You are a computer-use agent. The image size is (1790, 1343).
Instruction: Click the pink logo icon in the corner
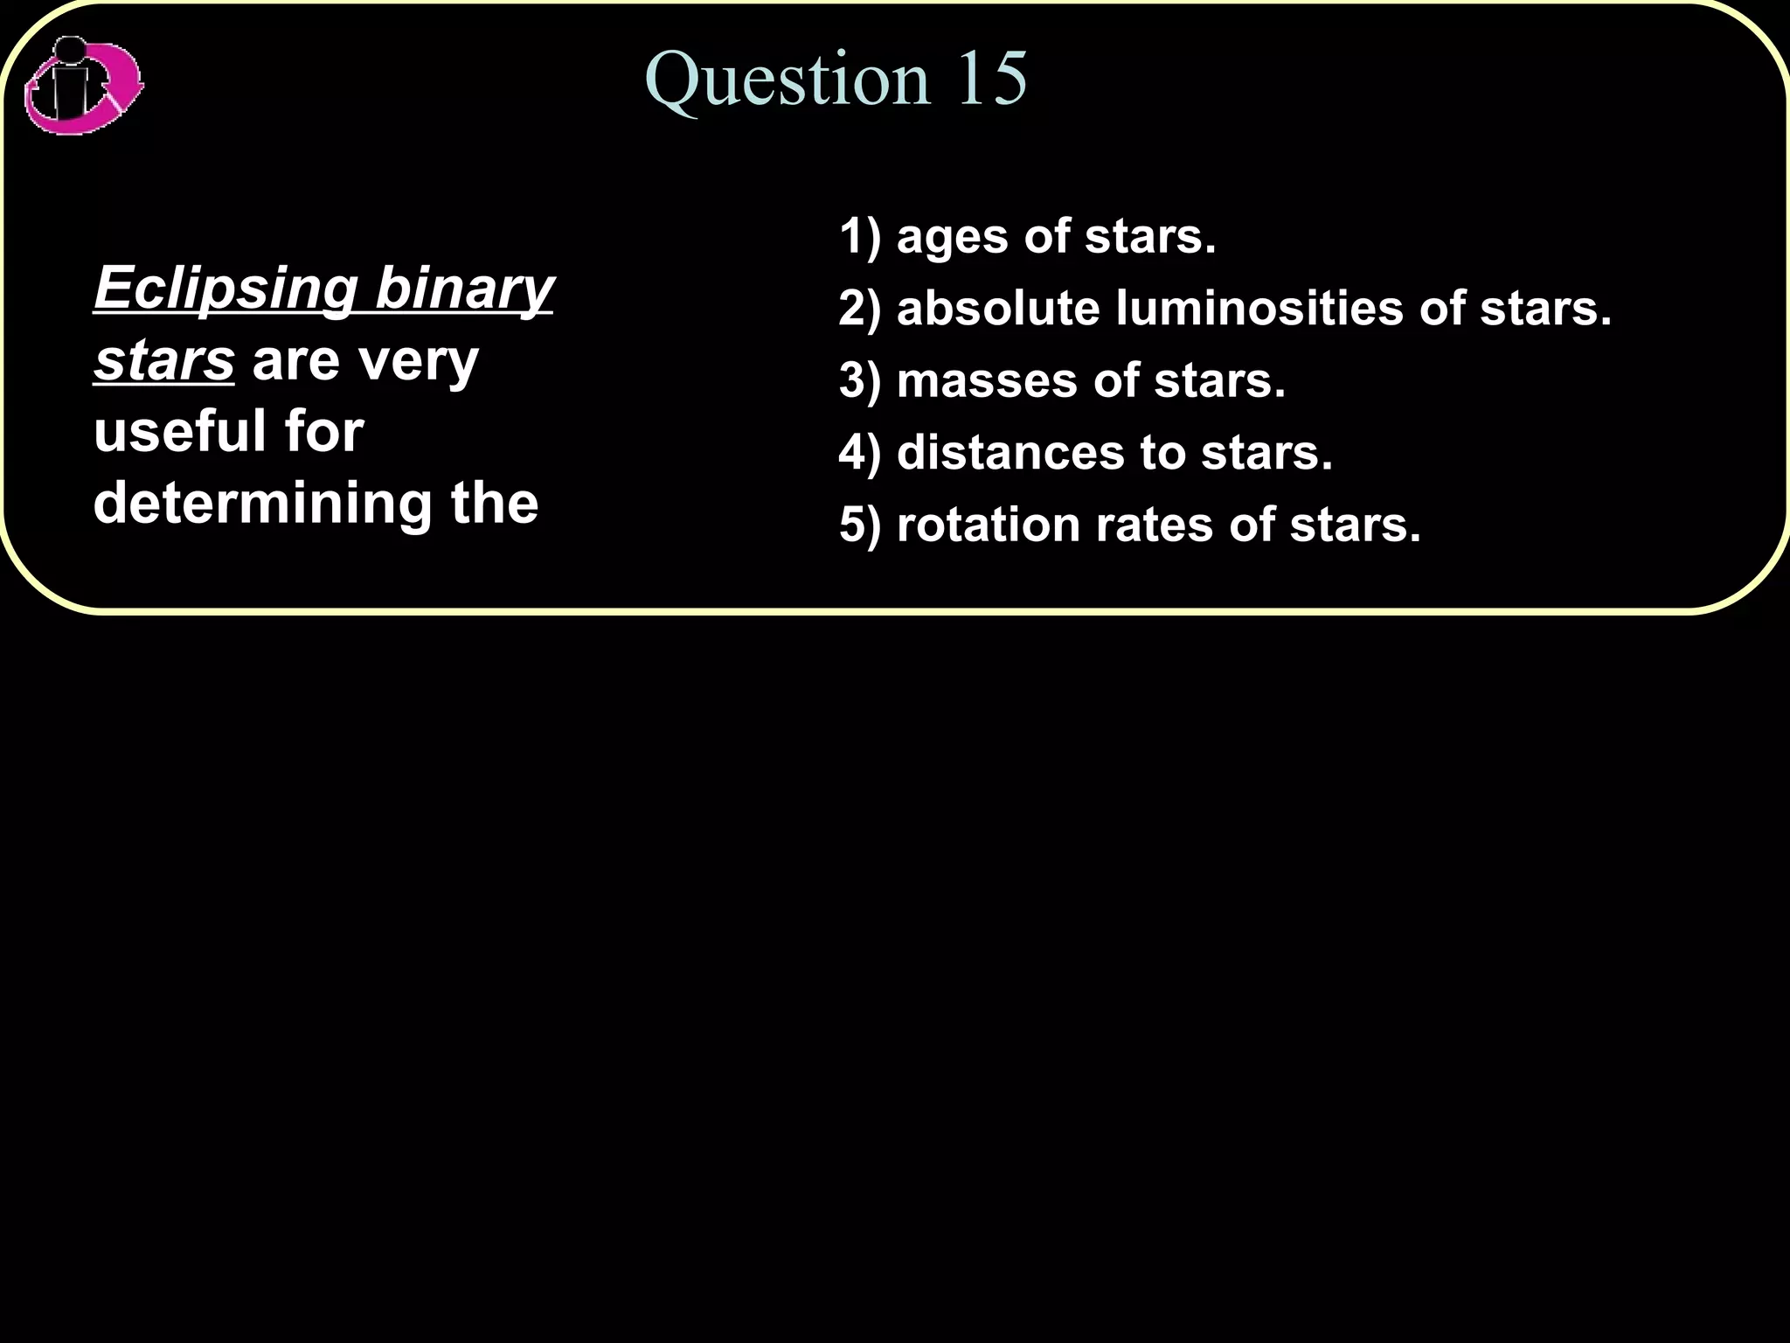coord(83,86)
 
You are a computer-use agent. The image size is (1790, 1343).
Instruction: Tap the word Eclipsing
coord(225,289)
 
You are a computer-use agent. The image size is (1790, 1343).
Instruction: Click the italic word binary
coord(464,289)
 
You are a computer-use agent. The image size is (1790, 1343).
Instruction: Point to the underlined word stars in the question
coord(164,360)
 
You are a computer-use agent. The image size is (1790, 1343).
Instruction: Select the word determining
coord(262,504)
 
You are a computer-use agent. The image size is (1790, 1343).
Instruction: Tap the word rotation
coord(988,525)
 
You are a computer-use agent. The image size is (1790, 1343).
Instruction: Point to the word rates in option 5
coord(1154,525)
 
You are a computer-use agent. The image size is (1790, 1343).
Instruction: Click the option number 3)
coord(860,381)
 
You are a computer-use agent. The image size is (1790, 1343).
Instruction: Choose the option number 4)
coord(860,453)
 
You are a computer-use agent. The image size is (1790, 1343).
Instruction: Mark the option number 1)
coord(860,237)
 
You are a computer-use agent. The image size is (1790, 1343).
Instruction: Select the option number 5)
coord(860,525)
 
